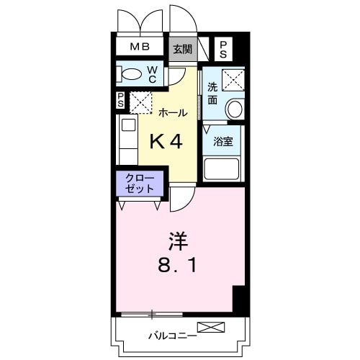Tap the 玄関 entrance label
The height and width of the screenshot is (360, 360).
tap(182, 49)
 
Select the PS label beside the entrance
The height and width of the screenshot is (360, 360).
tap(223, 49)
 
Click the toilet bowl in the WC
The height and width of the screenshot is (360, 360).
tap(132, 74)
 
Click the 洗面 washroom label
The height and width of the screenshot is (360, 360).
tap(212, 95)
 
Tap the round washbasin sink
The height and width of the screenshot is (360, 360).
tap(235, 109)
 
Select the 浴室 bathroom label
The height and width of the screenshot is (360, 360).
tap(222, 141)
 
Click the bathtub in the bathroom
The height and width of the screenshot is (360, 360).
tap(222, 168)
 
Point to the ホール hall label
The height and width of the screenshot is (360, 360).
tap(173, 113)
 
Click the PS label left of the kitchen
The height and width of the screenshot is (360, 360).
tap(120, 101)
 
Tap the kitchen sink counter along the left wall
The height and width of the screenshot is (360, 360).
tap(128, 141)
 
